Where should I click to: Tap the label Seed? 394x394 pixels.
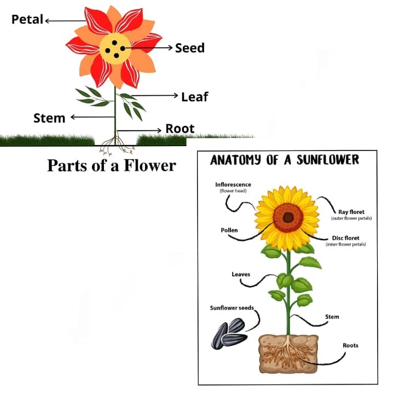coord(190,48)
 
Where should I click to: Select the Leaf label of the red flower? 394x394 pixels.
coord(195,97)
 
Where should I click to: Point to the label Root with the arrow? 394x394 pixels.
coord(180,129)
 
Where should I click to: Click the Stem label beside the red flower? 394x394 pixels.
coord(49,118)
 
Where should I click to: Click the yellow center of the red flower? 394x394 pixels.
coord(115,48)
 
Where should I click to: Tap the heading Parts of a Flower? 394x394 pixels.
coord(112,165)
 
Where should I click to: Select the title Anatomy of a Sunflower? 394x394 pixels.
coord(285,160)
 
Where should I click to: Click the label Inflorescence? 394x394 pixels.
coord(233,185)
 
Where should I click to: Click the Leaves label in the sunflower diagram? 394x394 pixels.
coord(241,274)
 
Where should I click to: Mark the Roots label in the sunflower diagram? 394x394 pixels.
coord(351,345)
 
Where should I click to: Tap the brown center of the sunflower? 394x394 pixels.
coord(288,218)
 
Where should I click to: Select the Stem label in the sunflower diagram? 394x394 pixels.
coord(332,317)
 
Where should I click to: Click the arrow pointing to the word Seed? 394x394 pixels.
coord(153,48)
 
